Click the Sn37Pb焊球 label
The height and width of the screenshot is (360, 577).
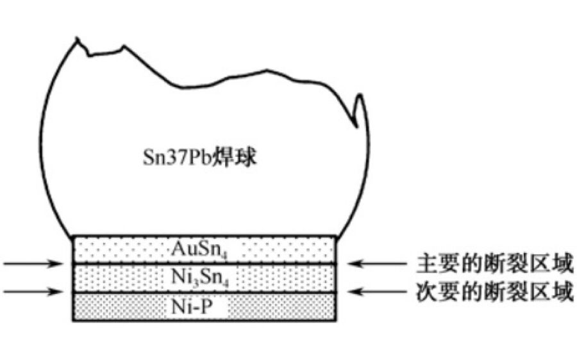click(x=199, y=158)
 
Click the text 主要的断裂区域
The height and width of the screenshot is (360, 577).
click(x=492, y=264)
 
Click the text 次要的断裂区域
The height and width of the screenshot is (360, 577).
click(x=492, y=293)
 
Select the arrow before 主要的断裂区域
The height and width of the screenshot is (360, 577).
click(x=375, y=264)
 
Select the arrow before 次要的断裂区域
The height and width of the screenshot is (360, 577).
click(x=375, y=293)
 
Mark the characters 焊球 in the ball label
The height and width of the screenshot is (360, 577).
click(x=238, y=158)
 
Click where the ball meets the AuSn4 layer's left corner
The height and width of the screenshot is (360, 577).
click(x=72, y=236)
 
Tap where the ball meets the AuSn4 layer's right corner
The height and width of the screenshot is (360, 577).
click(x=336, y=236)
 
